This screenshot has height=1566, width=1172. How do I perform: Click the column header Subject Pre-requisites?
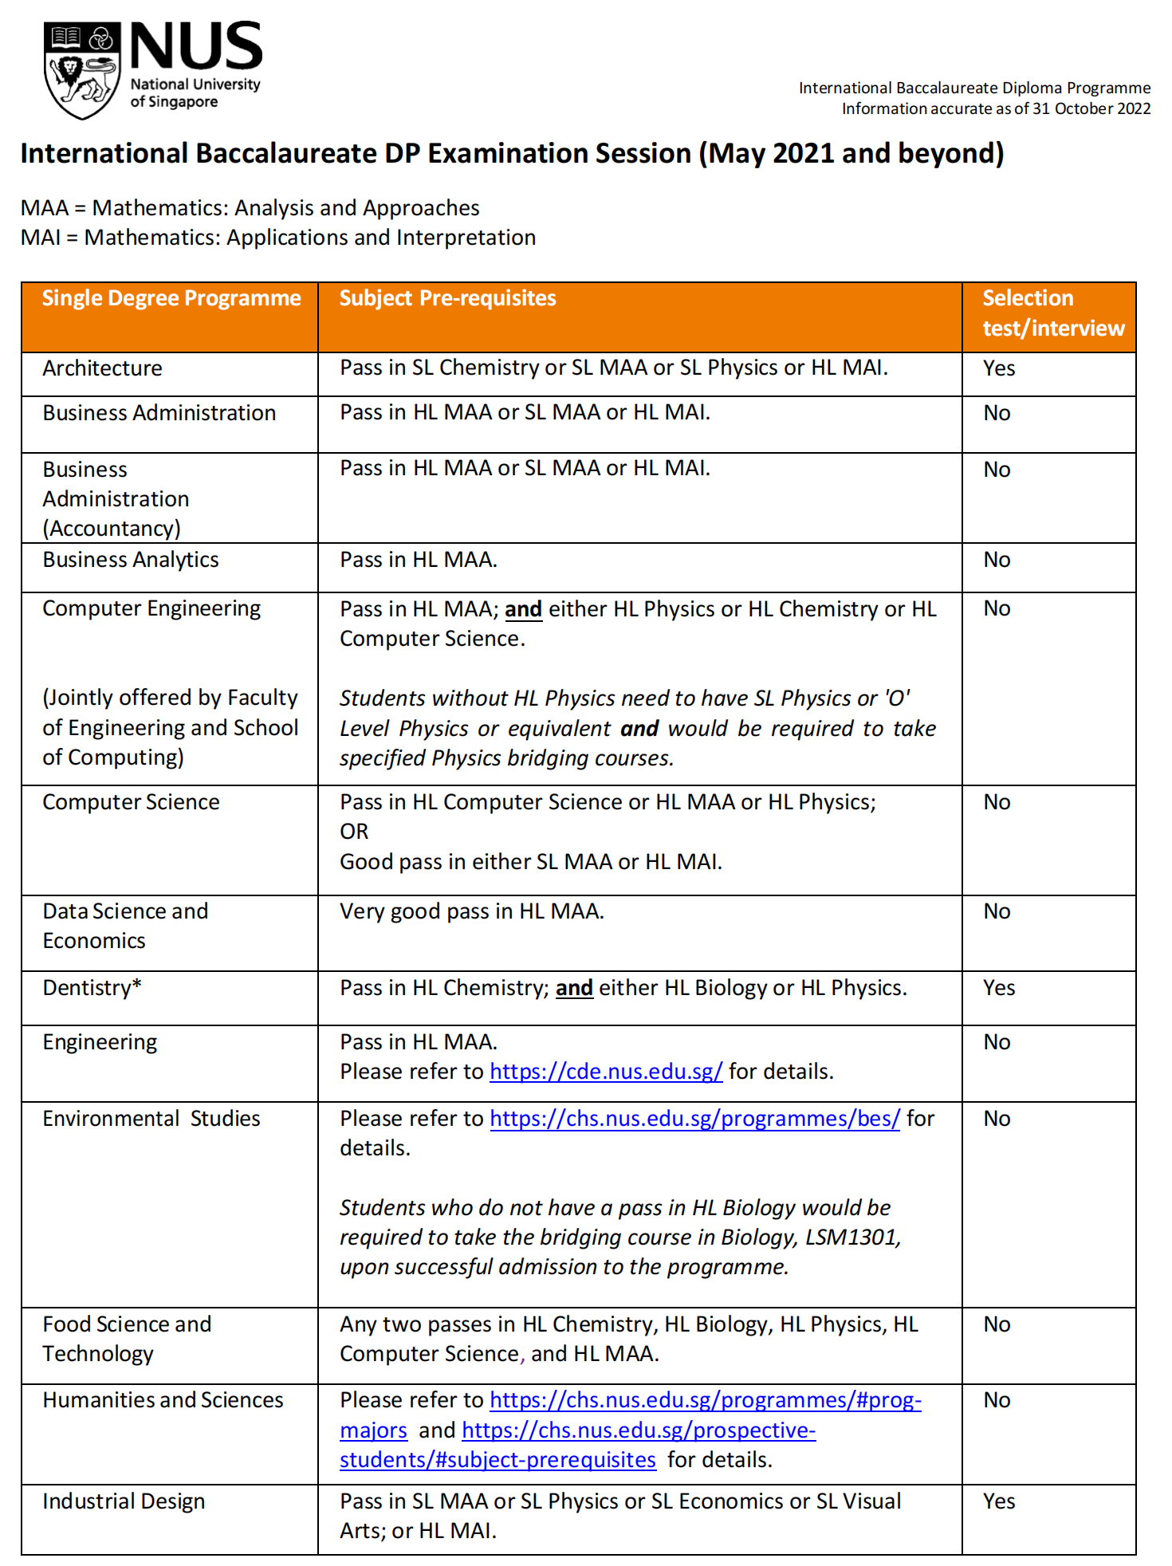tap(447, 298)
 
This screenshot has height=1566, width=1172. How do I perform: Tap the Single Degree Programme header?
tap(171, 298)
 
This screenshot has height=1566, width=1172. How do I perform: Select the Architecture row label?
tap(102, 368)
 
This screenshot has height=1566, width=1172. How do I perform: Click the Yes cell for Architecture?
tap(998, 368)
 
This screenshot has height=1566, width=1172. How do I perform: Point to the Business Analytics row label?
tap(131, 560)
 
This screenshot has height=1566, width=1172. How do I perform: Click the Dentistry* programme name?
tap(92, 988)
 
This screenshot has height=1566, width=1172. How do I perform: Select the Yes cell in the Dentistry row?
tap(998, 988)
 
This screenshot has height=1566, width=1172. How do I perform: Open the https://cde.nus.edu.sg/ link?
tap(606, 1072)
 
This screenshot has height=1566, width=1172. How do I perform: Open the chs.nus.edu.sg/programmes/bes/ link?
tap(694, 1119)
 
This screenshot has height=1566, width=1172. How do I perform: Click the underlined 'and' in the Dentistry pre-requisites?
tap(574, 988)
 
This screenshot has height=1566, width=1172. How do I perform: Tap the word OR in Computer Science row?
tap(354, 832)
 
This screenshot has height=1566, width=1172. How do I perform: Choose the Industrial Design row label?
tap(124, 1501)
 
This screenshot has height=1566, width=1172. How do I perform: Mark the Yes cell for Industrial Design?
tap(998, 1501)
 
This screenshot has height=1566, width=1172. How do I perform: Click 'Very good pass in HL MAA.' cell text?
tap(472, 911)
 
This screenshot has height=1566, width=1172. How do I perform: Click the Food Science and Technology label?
tap(127, 1339)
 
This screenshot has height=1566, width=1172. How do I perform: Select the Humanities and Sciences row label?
tap(163, 1400)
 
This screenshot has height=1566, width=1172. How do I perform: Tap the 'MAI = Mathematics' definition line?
tap(278, 238)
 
